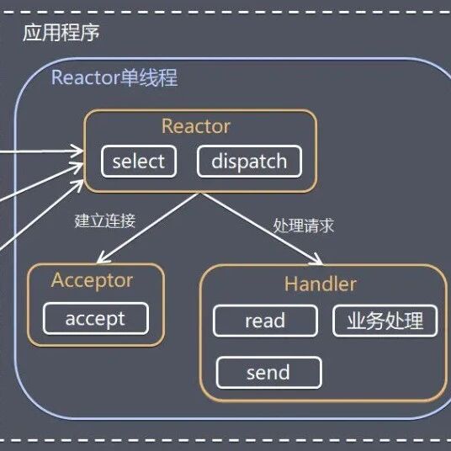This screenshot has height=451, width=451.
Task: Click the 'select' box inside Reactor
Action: click(x=139, y=162)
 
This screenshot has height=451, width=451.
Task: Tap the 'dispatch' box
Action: click(x=249, y=162)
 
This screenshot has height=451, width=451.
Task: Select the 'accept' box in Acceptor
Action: click(x=96, y=318)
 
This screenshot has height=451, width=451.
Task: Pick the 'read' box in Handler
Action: click(x=265, y=321)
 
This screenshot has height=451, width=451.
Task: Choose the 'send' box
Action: click(x=268, y=373)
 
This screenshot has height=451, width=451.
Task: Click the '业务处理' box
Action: click(x=385, y=321)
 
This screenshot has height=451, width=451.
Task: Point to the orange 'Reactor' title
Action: click(x=196, y=126)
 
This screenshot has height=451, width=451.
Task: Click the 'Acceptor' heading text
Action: click(x=92, y=281)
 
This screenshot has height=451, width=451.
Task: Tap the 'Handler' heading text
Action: click(x=321, y=284)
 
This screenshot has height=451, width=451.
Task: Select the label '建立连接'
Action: click(x=105, y=221)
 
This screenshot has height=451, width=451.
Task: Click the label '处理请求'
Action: click(x=304, y=225)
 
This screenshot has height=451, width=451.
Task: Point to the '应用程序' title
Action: click(x=61, y=33)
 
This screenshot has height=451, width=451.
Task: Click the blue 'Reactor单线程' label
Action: click(x=114, y=77)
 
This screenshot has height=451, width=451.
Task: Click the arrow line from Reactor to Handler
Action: click(x=262, y=228)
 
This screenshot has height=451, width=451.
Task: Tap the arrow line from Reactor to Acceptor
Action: click(x=148, y=228)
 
